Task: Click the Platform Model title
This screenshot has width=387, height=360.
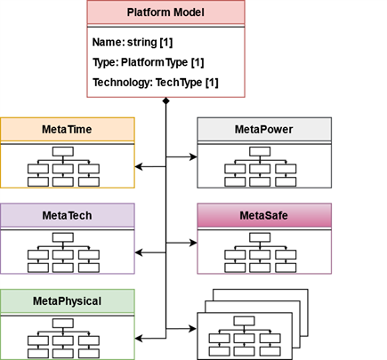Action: (x=165, y=12)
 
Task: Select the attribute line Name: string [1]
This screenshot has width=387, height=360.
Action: (x=133, y=42)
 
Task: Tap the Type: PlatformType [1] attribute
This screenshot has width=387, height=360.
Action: (x=148, y=62)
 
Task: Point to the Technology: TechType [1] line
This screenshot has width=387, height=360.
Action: (x=156, y=83)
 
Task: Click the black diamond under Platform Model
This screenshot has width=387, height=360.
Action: (x=165, y=101)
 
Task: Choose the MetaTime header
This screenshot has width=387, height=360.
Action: (x=67, y=130)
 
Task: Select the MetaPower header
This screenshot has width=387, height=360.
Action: (x=264, y=130)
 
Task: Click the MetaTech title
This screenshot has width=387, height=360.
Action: (x=67, y=215)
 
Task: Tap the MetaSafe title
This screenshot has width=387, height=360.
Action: (x=264, y=215)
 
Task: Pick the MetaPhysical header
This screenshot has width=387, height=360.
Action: (x=67, y=301)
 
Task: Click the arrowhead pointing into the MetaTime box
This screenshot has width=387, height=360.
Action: (x=139, y=166)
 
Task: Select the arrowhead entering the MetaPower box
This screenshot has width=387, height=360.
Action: (x=193, y=156)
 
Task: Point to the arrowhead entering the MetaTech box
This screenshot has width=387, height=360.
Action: (x=139, y=252)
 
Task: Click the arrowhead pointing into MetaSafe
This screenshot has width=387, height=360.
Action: (x=193, y=243)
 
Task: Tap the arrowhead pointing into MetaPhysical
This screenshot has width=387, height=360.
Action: (x=139, y=338)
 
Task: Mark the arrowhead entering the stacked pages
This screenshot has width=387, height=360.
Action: (x=193, y=328)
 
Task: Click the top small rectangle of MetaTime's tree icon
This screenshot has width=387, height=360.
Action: (x=63, y=151)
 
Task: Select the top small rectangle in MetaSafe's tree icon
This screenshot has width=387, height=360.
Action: (x=260, y=237)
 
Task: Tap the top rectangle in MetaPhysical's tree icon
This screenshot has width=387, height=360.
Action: (x=63, y=324)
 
